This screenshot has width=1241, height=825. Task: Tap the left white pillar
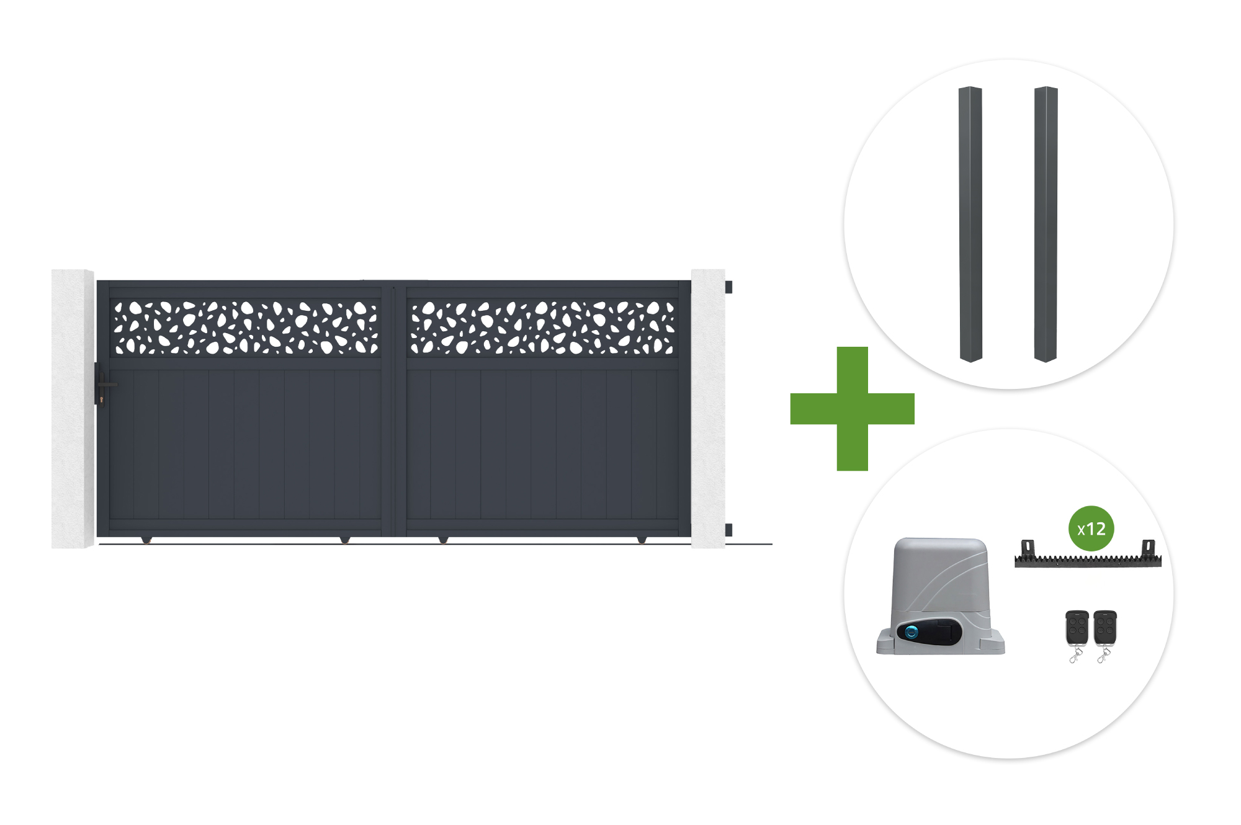[x=73, y=409]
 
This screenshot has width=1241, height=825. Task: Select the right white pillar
[x=708, y=409]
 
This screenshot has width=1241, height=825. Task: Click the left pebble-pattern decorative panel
[x=246, y=328]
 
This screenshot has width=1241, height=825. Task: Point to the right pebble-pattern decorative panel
[x=542, y=328]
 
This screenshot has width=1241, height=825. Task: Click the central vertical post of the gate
[x=394, y=409]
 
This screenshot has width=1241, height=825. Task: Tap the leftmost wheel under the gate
[x=146, y=540]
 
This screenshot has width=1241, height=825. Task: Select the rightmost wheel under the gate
[x=642, y=540]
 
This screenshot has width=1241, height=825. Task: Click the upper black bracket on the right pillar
[x=728, y=287]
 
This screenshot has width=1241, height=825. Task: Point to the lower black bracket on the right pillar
[x=728, y=530]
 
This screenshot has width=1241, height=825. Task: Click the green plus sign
[x=852, y=409]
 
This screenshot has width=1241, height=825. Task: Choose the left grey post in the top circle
[x=970, y=224]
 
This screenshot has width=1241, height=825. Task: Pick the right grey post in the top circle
[x=1046, y=224]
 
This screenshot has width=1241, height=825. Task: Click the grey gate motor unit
[x=940, y=596]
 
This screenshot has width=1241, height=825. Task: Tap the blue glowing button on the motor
[x=912, y=632]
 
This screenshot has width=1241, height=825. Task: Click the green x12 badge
[x=1091, y=528]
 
